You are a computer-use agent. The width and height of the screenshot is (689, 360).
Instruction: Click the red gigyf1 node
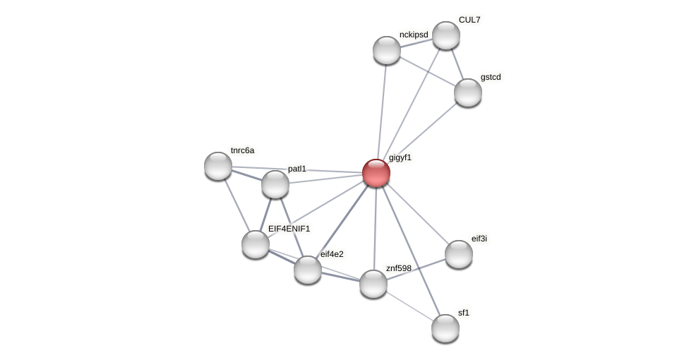pyautogui.click(x=376, y=173)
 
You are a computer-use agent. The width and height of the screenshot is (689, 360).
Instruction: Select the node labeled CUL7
pyautogui.click(x=446, y=35)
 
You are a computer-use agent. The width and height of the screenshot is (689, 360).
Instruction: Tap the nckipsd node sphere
pyautogui.click(x=387, y=50)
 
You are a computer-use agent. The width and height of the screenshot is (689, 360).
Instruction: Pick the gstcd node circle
pyautogui.click(x=468, y=92)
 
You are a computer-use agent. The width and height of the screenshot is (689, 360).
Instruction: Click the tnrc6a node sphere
pyautogui.click(x=218, y=166)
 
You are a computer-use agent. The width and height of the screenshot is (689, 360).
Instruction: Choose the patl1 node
pyautogui.click(x=275, y=184)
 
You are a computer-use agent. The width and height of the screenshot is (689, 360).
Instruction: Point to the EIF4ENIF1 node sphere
pyautogui.click(x=256, y=244)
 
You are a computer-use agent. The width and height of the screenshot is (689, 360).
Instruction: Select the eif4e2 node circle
pyautogui.click(x=308, y=270)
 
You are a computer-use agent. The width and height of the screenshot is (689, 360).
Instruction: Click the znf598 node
pyautogui.click(x=373, y=284)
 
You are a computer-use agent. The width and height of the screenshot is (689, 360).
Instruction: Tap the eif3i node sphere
pyautogui.click(x=459, y=254)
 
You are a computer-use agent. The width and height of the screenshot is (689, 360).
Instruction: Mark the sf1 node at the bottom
pyautogui.click(x=445, y=328)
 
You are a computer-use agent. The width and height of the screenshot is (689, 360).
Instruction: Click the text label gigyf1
pyautogui.click(x=400, y=157)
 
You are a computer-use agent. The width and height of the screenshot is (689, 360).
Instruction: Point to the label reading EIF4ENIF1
pyautogui.click(x=289, y=229)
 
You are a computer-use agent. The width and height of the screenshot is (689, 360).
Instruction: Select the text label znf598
pyautogui.click(x=398, y=268)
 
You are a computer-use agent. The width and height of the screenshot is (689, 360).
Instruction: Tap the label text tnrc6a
pyautogui.click(x=242, y=150)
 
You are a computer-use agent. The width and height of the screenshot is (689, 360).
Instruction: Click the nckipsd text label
pyautogui.click(x=414, y=35)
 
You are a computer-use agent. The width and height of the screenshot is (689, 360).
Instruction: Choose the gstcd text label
pyautogui.click(x=491, y=77)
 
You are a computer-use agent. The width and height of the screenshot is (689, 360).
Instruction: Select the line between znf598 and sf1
pyautogui.click(x=409, y=306)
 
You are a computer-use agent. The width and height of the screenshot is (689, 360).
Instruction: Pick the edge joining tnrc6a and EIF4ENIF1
pyautogui.click(x=236, y=205)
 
